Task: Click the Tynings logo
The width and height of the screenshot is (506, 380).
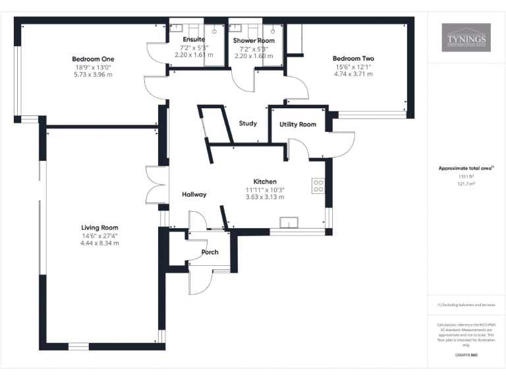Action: (x=466, y=38)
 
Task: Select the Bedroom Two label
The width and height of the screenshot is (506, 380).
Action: (x=353, y=59)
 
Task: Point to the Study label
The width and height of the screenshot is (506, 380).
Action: (x=248, y=123)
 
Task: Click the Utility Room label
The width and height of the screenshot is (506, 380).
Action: (x=298, y=124)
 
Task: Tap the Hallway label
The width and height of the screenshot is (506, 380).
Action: (x=194, y=194)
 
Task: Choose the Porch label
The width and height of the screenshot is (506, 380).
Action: (x=210, y=252)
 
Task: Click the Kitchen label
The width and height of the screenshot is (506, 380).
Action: (x=265, y=181)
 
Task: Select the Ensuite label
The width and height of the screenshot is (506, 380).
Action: (x=194, y=40)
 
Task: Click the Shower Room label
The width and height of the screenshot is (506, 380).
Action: (x=253, y=40)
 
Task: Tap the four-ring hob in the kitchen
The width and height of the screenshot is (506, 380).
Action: (x=318, y=186)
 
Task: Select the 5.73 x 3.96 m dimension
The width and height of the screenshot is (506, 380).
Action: (x=93, y=75)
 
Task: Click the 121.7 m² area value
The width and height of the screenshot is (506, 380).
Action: (x=466, y=184)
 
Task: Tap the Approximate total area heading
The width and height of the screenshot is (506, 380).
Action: (x=466, y=168)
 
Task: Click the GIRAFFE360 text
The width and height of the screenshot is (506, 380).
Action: (x=466, y=355)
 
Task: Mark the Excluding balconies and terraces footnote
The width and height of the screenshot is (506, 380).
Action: (x=466, y=305)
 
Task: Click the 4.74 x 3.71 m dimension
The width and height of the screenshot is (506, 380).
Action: (x=353, y=75)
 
